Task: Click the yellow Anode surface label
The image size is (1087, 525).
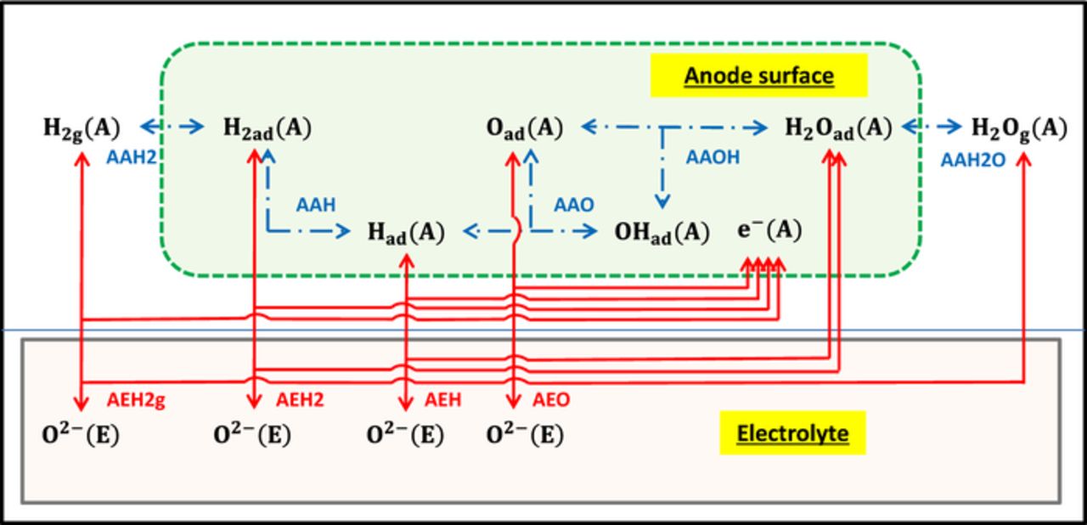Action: [758, 76]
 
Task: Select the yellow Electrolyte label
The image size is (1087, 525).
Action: [792, 434]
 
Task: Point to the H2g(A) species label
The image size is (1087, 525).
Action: [82, 128]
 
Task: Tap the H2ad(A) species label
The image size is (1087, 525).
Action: [267, 128]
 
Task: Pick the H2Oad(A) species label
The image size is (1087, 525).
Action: [837, 128]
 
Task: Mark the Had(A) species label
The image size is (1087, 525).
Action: [406, 232]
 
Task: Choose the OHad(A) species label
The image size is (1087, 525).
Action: [662, 232]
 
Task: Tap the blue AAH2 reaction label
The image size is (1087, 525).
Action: [129, 158]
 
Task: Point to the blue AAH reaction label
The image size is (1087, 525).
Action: [316, 204]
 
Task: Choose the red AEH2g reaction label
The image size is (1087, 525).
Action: [136, 400]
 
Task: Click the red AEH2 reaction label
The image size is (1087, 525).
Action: [301, 400]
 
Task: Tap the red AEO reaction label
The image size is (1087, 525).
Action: [551, 400]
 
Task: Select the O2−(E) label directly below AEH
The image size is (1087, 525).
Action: [405, 435]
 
